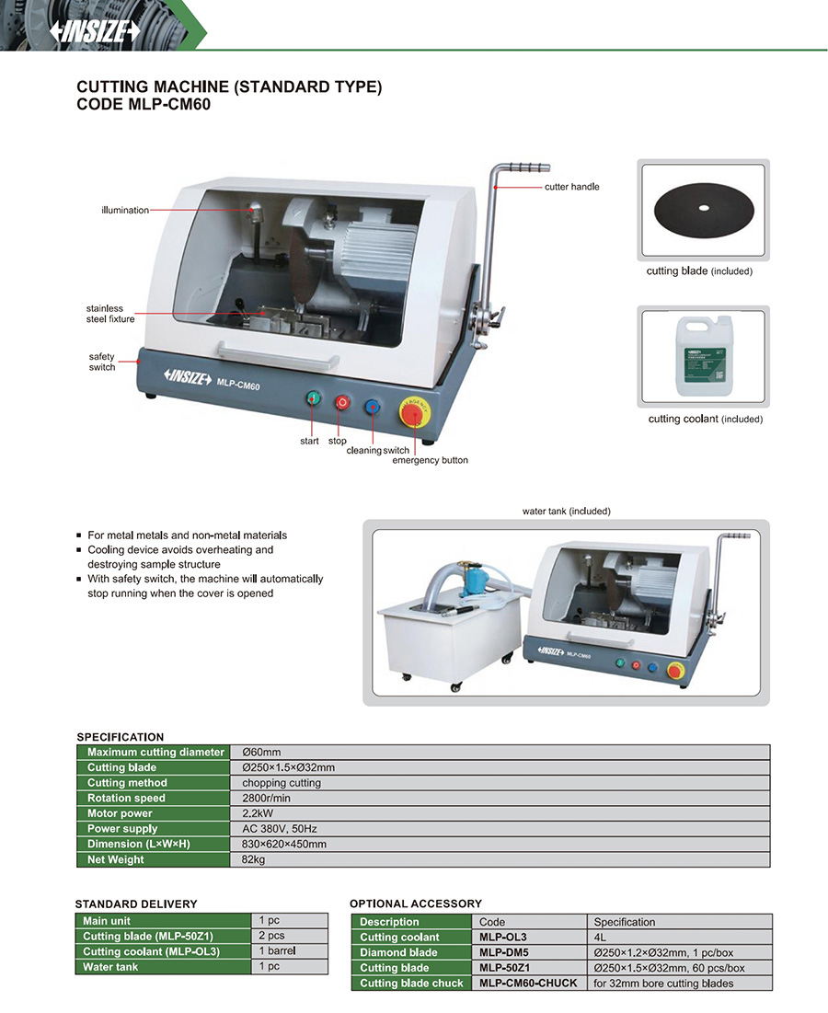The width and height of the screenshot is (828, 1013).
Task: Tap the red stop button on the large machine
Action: coord(342,402)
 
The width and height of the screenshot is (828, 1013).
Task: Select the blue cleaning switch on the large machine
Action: coord(373,407)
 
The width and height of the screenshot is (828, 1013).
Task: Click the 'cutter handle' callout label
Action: coord(571,187)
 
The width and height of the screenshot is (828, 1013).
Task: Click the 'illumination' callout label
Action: coord(125,211)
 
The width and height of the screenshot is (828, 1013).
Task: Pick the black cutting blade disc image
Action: coord(703,209)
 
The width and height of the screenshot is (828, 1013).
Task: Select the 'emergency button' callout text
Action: coord(430,460)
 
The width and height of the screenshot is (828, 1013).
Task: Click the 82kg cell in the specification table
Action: coord(253,860)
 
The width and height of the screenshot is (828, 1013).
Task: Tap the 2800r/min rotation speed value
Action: coord(266,799)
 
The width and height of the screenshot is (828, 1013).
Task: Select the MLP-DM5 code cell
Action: coord(504,952)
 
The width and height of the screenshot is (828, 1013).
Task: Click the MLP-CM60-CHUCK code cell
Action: coord(528,984)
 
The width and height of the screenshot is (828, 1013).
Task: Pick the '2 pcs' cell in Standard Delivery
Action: coord(271,936)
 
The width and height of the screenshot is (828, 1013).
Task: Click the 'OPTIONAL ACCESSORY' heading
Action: coord(416,904)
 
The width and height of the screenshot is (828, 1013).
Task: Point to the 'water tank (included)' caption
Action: coord(566,511)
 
